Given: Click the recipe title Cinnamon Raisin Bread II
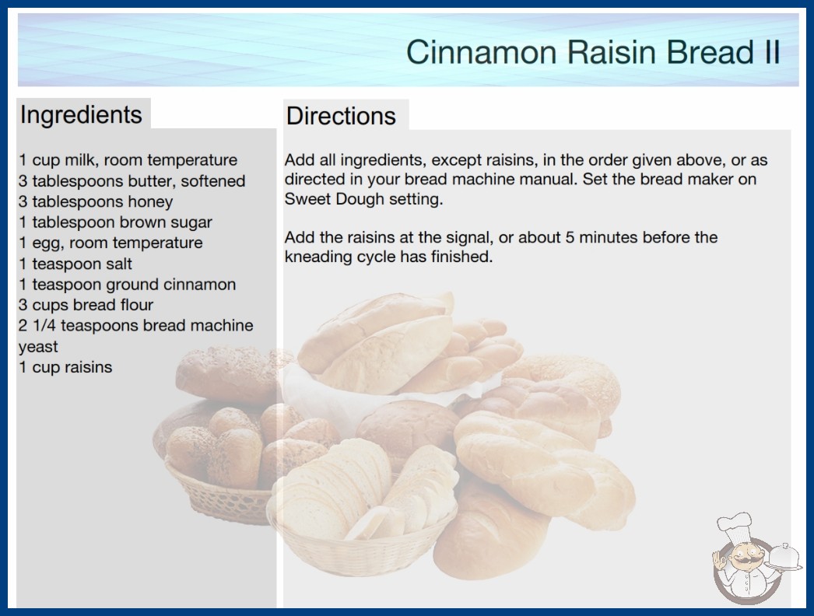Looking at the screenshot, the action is click(x=593, y=52).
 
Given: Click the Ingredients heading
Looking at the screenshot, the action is click(x=81, y=114).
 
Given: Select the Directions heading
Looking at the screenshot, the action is click(x=341, y=116).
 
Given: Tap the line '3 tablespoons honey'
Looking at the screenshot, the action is click(x=96, y=201).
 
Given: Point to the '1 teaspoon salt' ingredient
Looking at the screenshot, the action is click(x=75, y=264).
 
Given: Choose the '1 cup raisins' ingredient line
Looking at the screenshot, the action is click(x=65, y=367).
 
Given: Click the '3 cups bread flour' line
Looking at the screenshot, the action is click(x=86, y=305).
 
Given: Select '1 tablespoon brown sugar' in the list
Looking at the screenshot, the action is click(x=115, y=222).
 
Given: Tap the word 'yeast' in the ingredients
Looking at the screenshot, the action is click(x=38, y=347).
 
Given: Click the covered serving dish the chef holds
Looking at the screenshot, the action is click(x=784, y=557).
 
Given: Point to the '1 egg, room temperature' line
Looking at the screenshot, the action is click(x=111, y=243).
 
